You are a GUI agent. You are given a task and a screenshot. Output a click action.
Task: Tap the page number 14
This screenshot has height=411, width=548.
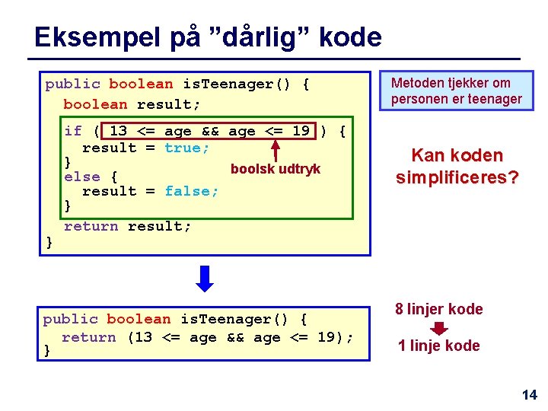click(529, 394)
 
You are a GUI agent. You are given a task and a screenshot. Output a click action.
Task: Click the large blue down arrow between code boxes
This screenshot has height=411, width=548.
click(205, 277)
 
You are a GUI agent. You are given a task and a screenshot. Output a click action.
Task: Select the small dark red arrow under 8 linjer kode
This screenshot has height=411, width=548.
click(439, 328)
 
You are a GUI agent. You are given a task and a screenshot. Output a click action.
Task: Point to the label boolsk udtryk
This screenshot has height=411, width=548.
click(276, 169)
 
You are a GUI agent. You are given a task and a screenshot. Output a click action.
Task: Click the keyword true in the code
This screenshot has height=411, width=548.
click(186, 148)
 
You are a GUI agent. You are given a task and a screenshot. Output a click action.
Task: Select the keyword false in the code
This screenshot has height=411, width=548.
click(192, 191)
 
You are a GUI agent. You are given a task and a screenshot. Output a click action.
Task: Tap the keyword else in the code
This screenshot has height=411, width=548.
click(82, 177)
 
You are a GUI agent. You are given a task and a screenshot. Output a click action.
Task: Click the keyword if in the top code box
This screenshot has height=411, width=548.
click(73, 131)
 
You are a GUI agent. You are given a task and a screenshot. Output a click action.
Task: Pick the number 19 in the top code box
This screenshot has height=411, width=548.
click(301, 131)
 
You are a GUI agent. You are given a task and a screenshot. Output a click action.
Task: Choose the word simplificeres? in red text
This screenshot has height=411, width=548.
click(457, 177)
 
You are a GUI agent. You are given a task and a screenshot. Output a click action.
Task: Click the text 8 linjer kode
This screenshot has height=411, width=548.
click(438, 309)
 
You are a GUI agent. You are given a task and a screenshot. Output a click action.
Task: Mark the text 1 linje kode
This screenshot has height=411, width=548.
click(439, 346)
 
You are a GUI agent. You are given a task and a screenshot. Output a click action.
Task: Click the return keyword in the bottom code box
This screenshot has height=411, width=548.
click(88, 337)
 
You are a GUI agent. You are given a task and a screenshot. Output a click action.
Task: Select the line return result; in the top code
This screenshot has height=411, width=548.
click(128, 226)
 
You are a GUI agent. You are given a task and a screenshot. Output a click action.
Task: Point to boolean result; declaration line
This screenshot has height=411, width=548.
click(132, 104)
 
